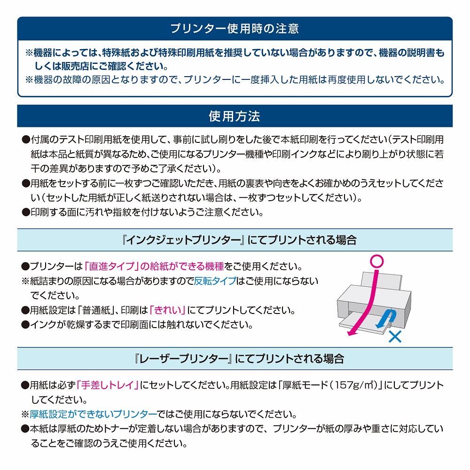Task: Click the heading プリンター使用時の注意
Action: [x=235, y=29]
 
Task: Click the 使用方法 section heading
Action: [x=235, y=116]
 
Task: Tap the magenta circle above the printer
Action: [x=377, y=261]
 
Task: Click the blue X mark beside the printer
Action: [x=395, y=337]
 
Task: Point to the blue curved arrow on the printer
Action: [x=387, y=318]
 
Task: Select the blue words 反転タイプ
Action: [x=215, y=281]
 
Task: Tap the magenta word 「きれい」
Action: [x=167, y=310]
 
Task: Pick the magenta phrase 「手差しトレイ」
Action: [x=107, y=385]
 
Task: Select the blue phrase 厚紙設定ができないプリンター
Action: [x=93, y=414]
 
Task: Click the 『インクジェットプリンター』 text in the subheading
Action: [x=183, y=240]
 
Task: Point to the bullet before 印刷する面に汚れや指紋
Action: [x=26, y=212]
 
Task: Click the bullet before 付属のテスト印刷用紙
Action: [x=26, y=140]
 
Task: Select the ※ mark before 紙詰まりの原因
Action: [x=25, y=281]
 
